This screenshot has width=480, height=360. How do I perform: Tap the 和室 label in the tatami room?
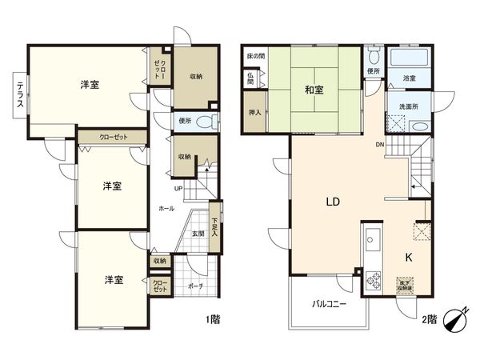pyautogui.click(x=314, y=89)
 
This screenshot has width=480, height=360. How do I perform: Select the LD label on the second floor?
pyautogui.click(x=333, y=202)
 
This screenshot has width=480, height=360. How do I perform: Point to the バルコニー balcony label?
pyautogui.click(x=329, y=303)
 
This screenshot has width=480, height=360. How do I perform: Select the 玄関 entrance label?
pyautogui.click(x=198, y=234)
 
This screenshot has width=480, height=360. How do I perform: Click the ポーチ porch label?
pyautogui.click(x=194, y=286)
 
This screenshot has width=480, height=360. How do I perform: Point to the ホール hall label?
pyautogui.click(x=166, y=208)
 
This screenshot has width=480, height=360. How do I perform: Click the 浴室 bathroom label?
pyautogui.click(x=408, y=78)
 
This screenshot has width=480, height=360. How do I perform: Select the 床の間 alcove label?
pyautogui.click(x=255, y=58)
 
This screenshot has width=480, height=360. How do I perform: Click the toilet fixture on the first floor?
pyautogui.click(x=206, y=122)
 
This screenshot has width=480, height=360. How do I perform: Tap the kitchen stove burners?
pyautogui.click(x=373, y=280)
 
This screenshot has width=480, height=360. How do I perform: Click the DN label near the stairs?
pyautogui.click(x=380, y=145)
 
